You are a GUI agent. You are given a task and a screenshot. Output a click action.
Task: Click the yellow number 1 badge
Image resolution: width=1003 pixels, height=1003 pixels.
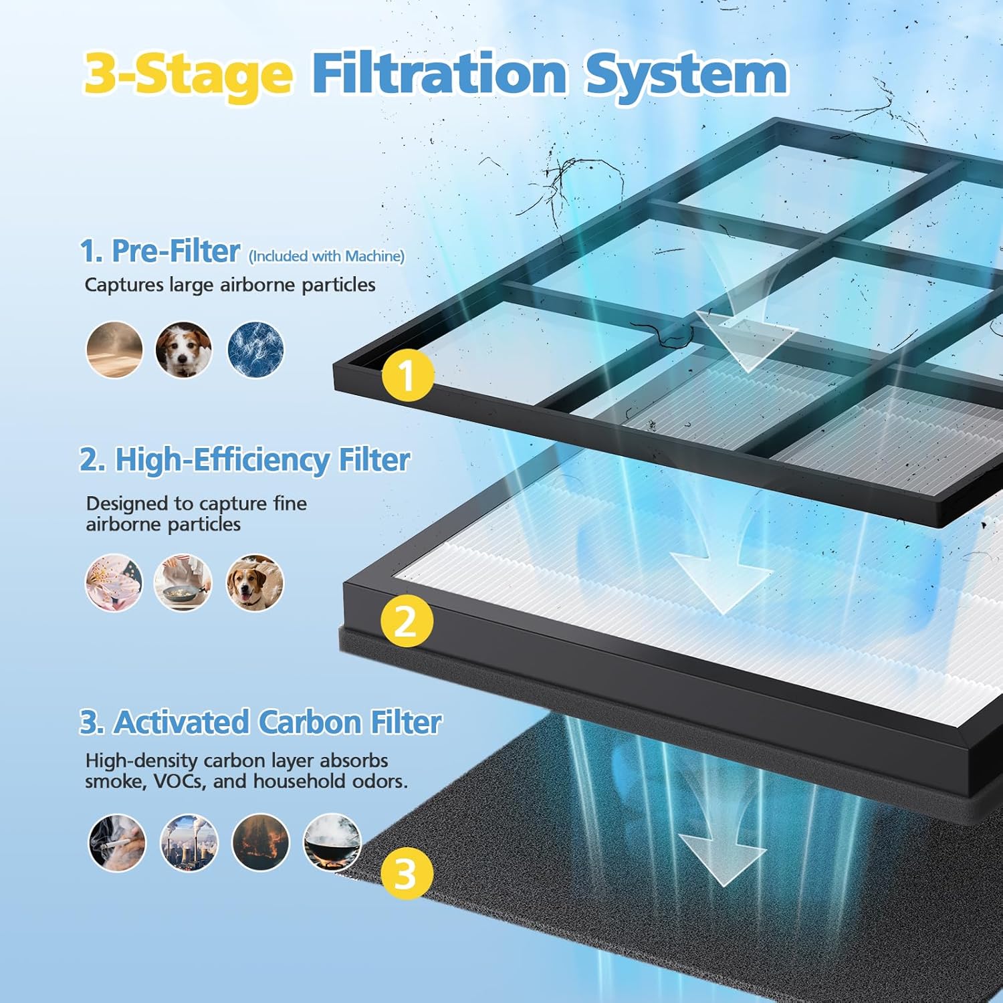(407, 375)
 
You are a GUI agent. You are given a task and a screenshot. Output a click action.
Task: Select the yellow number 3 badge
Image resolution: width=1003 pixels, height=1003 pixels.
(406, 873)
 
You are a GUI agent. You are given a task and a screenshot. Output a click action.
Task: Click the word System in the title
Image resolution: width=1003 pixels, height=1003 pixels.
(686, 75)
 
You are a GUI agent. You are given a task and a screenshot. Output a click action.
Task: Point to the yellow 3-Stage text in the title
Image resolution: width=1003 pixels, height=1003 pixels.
(189, 75)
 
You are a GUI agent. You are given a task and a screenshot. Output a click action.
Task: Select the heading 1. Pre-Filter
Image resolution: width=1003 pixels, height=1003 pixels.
(160, 251)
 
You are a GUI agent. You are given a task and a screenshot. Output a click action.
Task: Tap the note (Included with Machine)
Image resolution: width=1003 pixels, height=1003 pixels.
(326, 256)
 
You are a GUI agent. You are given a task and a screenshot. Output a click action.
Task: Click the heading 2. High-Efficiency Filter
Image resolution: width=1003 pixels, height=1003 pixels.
(245, 460)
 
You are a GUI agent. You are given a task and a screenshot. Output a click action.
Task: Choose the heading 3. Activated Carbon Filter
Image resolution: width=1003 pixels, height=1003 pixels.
(261, 722)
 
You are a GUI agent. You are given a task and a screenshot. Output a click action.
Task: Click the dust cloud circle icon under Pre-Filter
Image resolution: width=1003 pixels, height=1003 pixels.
(114, 350)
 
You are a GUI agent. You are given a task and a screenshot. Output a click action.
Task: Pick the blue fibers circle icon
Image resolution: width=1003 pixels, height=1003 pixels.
(255, 350)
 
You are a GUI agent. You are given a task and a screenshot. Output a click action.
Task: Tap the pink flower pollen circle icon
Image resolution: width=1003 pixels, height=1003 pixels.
(114, 582)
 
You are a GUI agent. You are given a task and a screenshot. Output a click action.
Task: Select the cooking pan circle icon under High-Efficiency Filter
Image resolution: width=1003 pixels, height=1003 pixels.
(183, 582)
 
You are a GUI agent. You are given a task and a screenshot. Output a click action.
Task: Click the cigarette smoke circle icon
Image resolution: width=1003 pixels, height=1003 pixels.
(117, 843)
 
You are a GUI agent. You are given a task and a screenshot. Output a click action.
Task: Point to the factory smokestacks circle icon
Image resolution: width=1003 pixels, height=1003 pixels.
(189, 843)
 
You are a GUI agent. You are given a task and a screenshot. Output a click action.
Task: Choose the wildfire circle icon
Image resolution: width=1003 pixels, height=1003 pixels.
(261, 843)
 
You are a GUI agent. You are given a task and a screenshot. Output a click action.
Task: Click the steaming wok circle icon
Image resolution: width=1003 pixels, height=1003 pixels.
(332, 843)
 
